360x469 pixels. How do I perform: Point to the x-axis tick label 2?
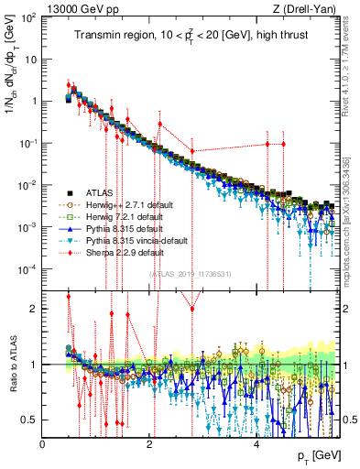point(150,443)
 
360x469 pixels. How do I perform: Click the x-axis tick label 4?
point(257,443)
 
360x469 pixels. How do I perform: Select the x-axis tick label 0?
point(43,443)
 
